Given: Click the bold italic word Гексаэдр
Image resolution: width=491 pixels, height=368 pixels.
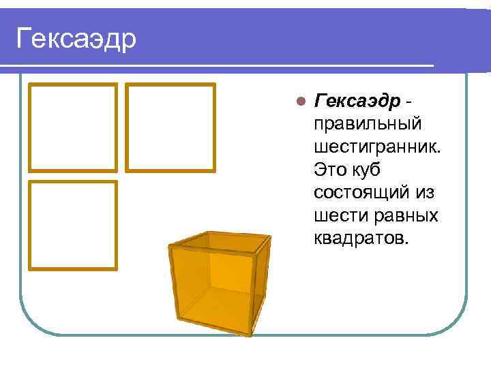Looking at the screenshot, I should pos(357,102).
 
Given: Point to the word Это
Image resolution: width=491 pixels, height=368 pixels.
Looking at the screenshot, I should pos(329,170).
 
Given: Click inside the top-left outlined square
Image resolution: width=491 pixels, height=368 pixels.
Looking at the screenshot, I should pos(72,127).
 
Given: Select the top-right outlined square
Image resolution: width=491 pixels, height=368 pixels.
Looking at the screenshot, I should pos(171,127).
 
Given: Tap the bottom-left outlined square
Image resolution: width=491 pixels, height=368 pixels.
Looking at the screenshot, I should pos(72,226).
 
